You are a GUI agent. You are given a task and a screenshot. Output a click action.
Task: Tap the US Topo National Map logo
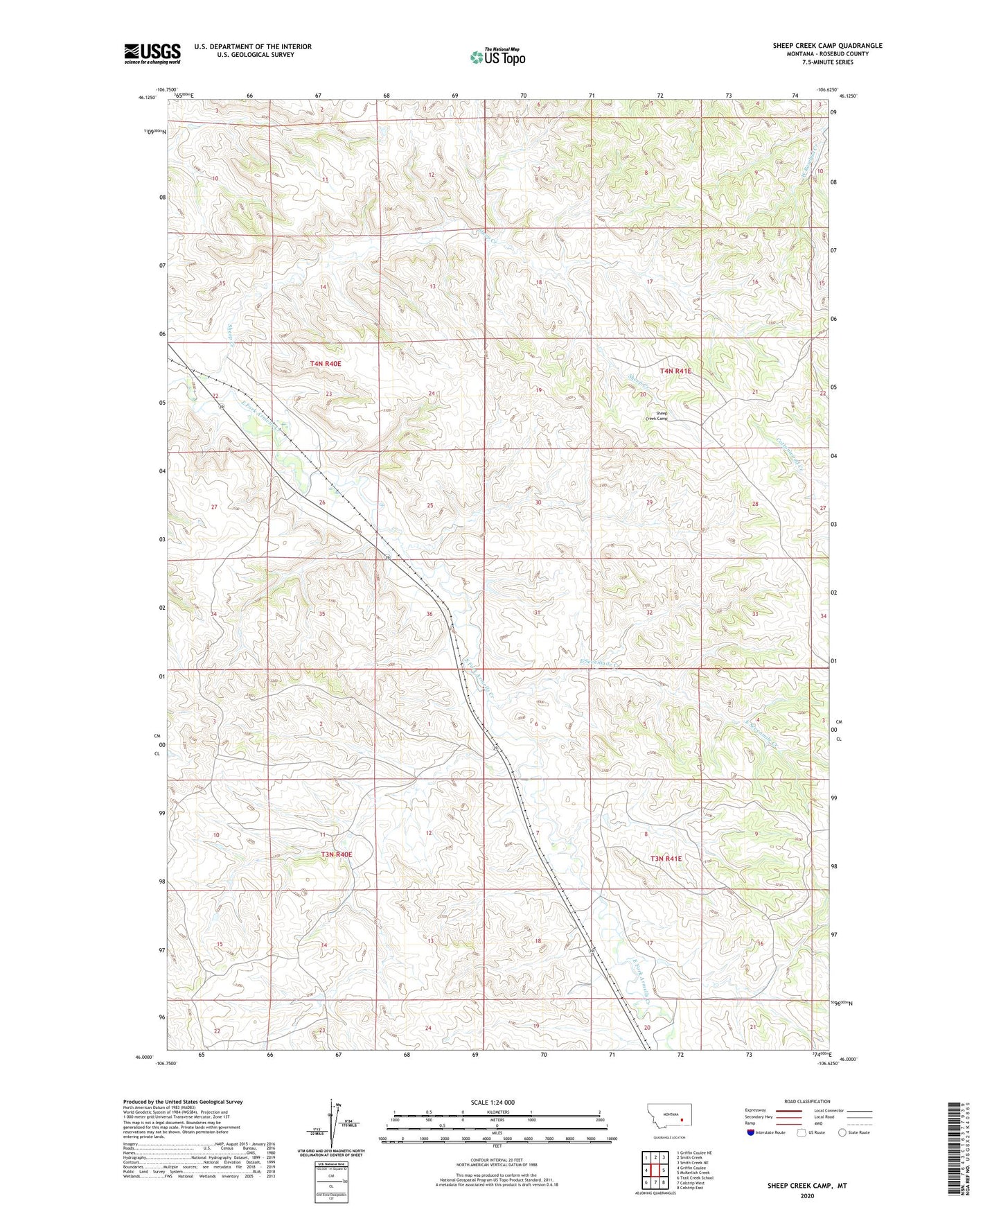497,56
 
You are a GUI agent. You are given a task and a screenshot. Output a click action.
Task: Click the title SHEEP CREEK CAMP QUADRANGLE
827,46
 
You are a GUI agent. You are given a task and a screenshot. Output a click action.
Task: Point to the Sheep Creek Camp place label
657,416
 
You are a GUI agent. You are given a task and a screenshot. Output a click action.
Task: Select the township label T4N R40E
326,363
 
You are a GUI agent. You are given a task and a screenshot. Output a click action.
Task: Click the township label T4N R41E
675,371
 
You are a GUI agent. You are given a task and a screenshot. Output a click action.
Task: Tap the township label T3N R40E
336,854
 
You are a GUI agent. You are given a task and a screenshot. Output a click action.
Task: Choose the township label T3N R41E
666,859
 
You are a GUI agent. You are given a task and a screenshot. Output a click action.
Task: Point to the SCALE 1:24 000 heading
493,1102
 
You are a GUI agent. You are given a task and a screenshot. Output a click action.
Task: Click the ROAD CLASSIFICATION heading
807,1101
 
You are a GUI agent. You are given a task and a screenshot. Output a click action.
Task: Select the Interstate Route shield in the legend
751,1132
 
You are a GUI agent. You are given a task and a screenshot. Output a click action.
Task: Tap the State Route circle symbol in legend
842,1132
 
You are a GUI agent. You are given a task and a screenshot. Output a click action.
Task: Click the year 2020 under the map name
807,1195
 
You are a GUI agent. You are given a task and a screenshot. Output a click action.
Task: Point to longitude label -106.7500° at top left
166,89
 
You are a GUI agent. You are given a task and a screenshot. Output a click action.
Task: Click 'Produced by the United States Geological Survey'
183,1101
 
